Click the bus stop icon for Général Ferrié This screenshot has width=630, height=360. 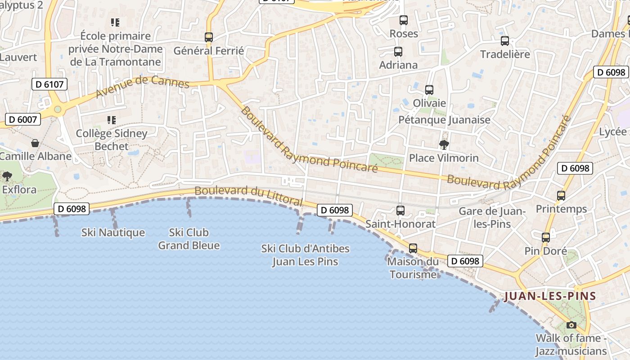click(209, 37)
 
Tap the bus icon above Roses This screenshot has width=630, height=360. click(404, 20)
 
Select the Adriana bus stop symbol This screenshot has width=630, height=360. click(398, 52)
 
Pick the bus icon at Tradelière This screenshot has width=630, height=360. click(505, 41)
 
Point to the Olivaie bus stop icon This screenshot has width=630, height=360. click(429, 90)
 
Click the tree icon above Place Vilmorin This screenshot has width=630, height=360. click(444, 144)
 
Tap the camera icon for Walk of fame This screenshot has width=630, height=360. click(571, 325)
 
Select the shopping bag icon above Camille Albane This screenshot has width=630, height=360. click(35, 143)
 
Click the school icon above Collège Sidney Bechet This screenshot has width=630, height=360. click(111, 120)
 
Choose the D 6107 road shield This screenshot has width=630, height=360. click(49, 84)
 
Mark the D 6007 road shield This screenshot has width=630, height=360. click(23, 119)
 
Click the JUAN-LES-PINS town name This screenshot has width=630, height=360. click(550, 296)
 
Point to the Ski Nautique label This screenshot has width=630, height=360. click(113, 233)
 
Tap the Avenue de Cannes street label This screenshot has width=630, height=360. click(143, 87)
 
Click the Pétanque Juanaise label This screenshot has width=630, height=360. click(445, 120)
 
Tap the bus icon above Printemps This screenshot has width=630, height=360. click(561, 196)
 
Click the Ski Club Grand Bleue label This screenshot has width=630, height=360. click(189, 239)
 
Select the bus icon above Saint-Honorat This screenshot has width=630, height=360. click(400, 210)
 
